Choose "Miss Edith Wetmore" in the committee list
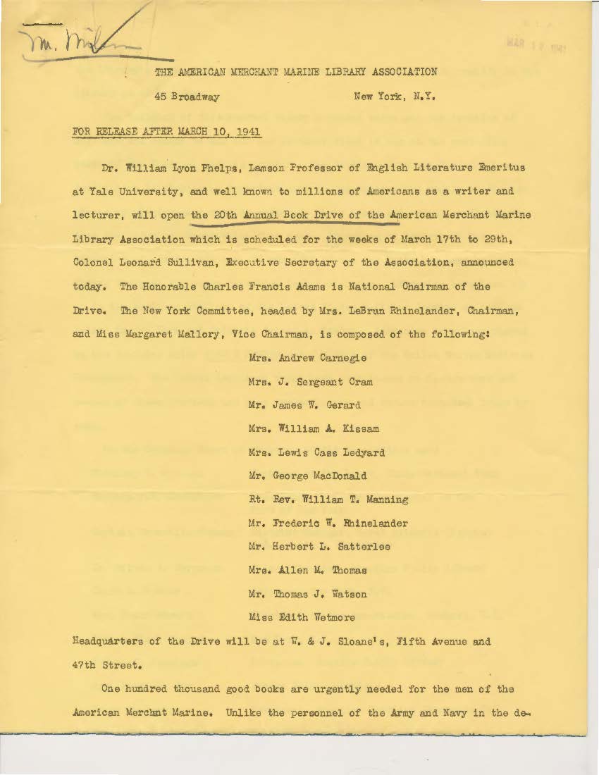tap(302, 617)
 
